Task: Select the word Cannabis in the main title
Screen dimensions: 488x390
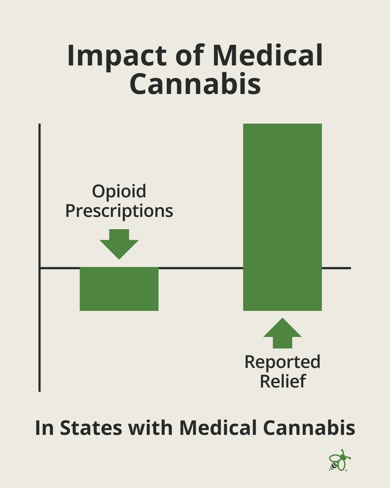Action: click(195, 84)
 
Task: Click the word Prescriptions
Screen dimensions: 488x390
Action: click(119, 211)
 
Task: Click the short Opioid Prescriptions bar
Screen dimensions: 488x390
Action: click(119, 289)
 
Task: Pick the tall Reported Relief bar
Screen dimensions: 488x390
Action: click(282, 217)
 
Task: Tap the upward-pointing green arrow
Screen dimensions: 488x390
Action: click(282, 333)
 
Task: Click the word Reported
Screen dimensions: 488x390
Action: click(282, 362)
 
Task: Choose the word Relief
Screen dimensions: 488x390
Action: click(283, 381)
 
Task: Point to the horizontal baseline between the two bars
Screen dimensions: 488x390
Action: click(201, 268)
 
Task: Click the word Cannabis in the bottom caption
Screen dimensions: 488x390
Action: click(309, 428)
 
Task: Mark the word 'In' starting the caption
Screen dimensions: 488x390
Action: click(44, 428)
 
